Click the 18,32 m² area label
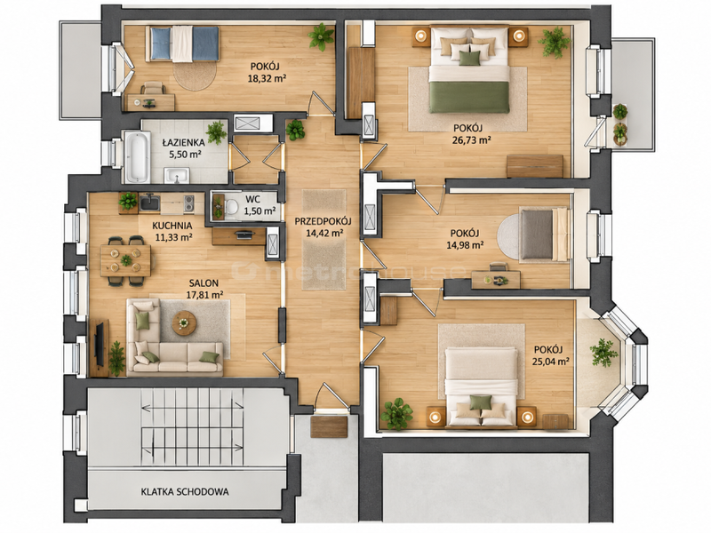tap(267, 78)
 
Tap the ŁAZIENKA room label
tap(184, 142)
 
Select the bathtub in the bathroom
tap(137, 157)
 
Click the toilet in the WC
tap(230, 207)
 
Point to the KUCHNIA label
tap(172, 226)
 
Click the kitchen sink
tap(149, 203)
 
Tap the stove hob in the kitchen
tap(188, 204)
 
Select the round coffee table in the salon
tap(184, 322)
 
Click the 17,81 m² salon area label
tap(204, 294)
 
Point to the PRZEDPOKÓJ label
tap(324, 221)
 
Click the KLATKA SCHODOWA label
tap(185, 491)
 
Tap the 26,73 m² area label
tap(472, 139)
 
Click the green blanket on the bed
tap(469, 97)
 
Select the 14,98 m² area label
tap(464, 245)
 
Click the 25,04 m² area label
tap(551, 362)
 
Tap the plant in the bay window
tap(603, 351)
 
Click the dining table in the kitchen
tap(125, 260)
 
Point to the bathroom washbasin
tap(176, 175)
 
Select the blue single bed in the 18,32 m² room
tap(183, 44)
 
